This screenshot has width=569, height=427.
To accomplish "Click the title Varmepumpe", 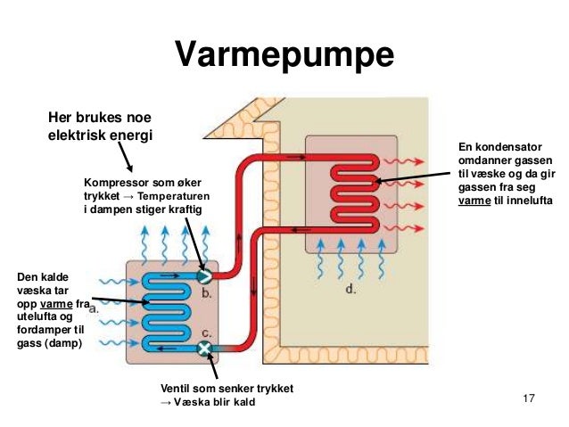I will click(x=284, y=54).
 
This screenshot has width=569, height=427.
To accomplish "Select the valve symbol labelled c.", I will click(x=204, y=348).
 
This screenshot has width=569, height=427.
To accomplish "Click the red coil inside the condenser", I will click(x=351, y=192).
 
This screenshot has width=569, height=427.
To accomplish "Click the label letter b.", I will click(x=205, y=291).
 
